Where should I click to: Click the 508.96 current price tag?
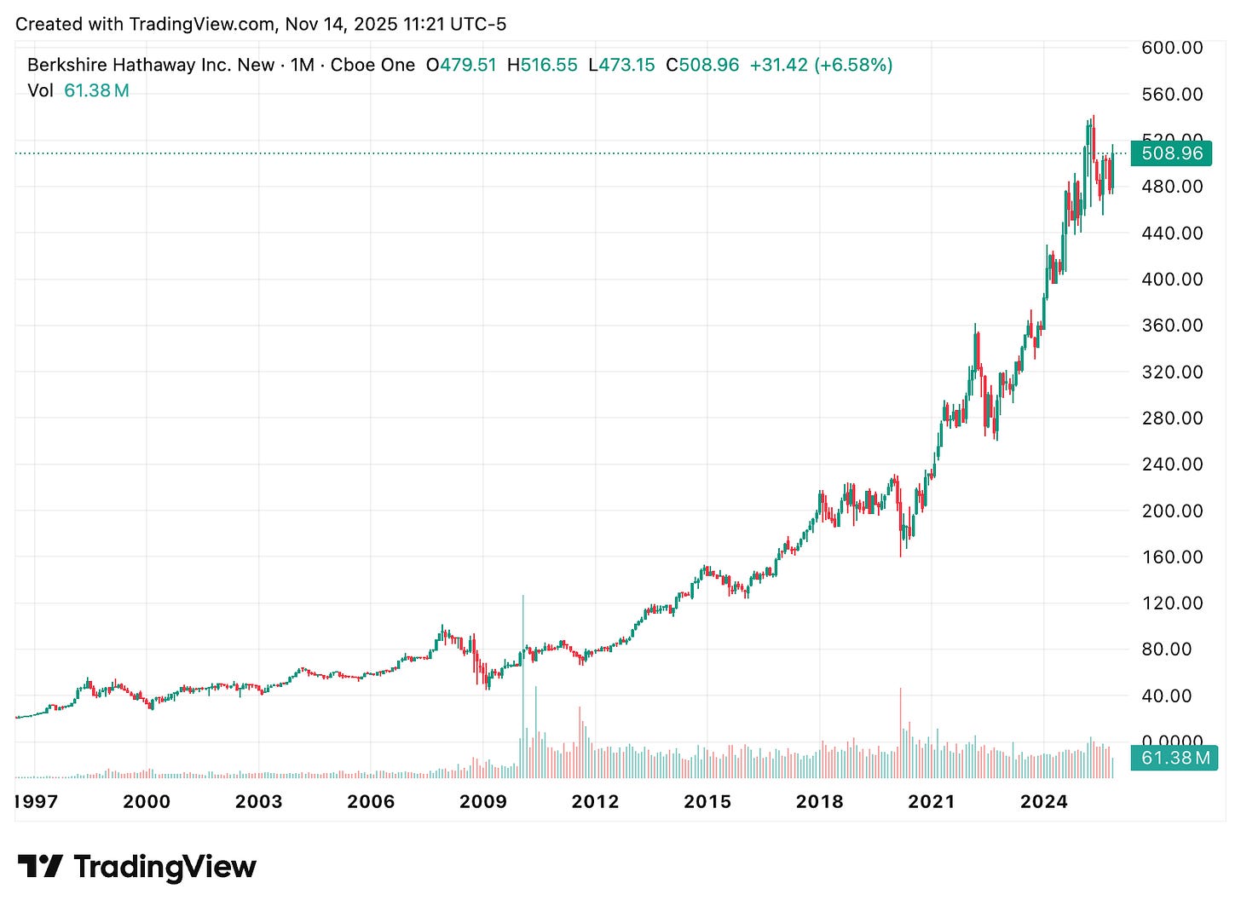1172,153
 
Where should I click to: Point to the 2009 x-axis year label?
483,801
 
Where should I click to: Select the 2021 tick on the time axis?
932,801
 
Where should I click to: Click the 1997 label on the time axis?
37,801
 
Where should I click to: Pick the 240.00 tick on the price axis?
1172,465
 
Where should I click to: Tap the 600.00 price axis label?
1172,48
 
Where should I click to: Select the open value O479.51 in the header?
461,65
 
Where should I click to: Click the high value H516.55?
542,65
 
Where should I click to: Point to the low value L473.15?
622,65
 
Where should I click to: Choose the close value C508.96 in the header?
702,65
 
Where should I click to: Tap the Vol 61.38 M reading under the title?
78,90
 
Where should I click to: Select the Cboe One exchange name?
372,65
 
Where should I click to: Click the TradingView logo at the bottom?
137,867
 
